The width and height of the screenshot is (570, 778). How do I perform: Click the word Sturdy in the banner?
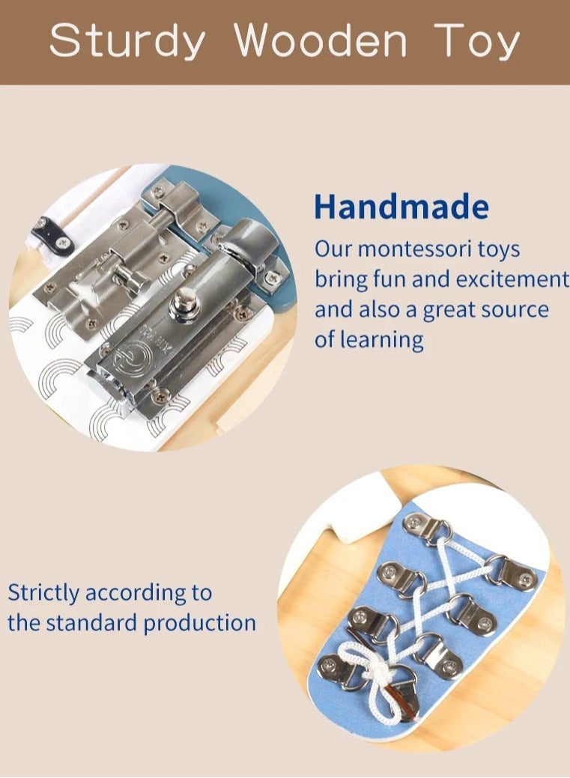pyautogui.click(x=127, y=41)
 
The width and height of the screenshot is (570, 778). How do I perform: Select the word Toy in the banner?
pyautogui.click(x=477, y=41)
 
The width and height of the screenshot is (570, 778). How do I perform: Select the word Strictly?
pyautogui.click(x=43, y=593)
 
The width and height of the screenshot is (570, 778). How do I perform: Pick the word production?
pyautogui.click(x=199, y=623)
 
